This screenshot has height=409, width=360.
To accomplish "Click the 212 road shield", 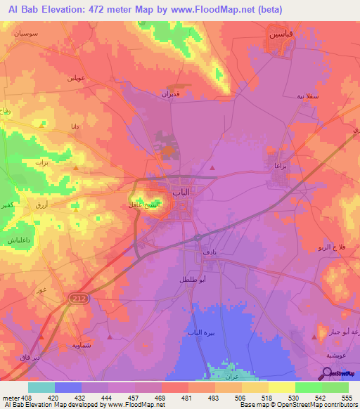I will point(77,299).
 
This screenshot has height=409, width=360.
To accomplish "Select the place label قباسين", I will point(279,34).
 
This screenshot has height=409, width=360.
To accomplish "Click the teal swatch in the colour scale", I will point(41,387).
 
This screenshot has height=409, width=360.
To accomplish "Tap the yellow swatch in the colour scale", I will point(282,387).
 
